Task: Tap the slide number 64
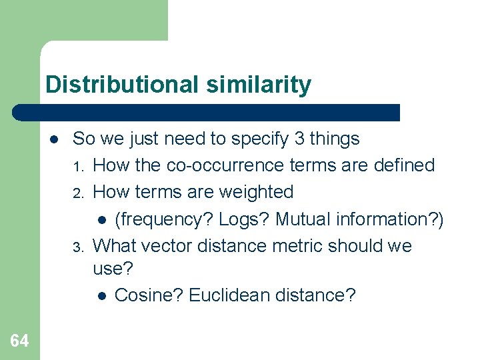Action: pos(19,341)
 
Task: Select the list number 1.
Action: pos(77,166)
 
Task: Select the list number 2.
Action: pos(77,193)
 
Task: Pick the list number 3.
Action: pos(77,247)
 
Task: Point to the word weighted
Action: pos(256,192)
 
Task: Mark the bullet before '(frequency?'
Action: pos(101,219)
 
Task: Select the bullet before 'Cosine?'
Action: pos(101,295)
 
